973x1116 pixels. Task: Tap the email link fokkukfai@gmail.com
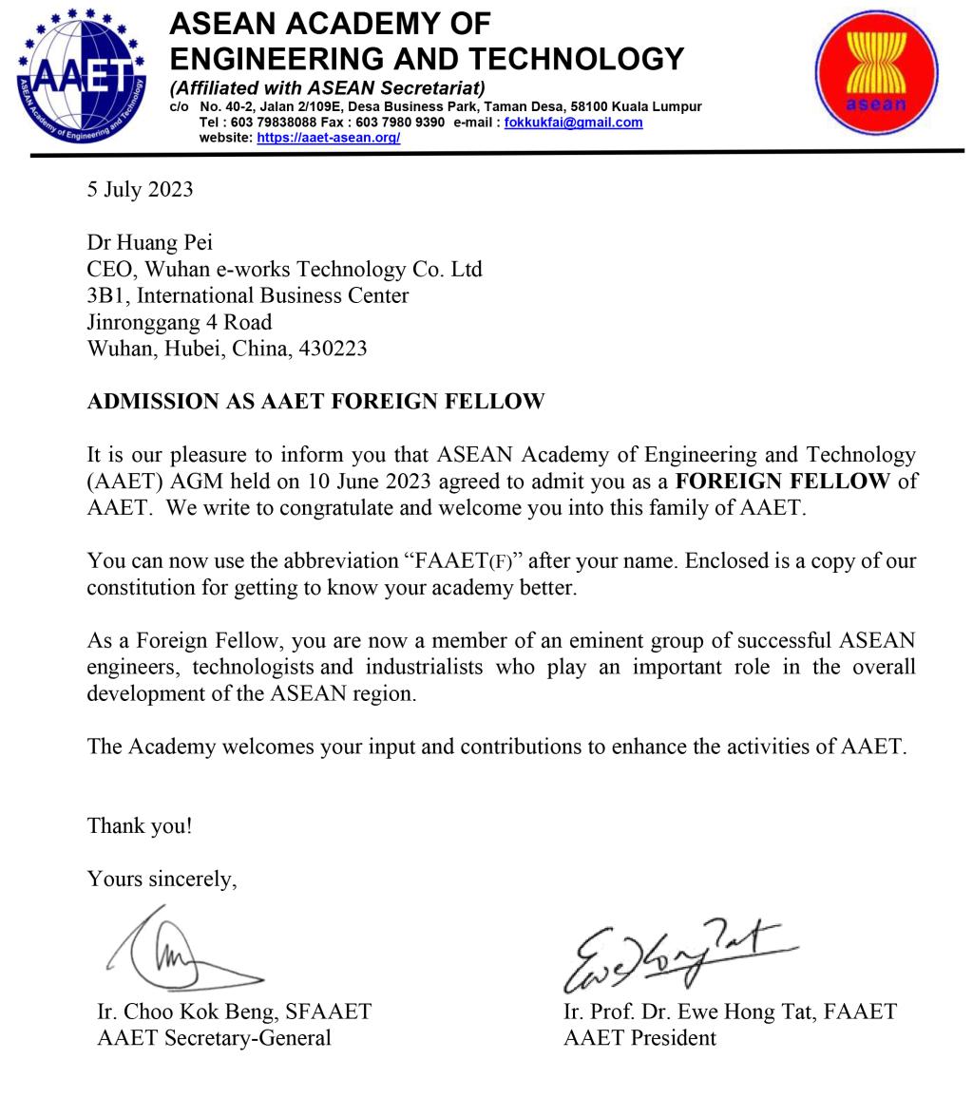coord(573,123)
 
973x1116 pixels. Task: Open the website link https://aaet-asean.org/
coord(328,138)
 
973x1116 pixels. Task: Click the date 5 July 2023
coord(140,189)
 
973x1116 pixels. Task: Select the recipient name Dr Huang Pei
coord(149,242)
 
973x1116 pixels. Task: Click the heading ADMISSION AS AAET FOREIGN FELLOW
coord(315,402)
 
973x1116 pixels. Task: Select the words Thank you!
coord(139,825)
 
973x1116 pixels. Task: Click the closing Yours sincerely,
coord(162,879)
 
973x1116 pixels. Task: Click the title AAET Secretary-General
coord(214,1037)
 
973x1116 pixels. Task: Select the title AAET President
coord(639,1037)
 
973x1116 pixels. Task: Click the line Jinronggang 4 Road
coord(179,322)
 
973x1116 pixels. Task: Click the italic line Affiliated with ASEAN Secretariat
coord(327,88)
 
